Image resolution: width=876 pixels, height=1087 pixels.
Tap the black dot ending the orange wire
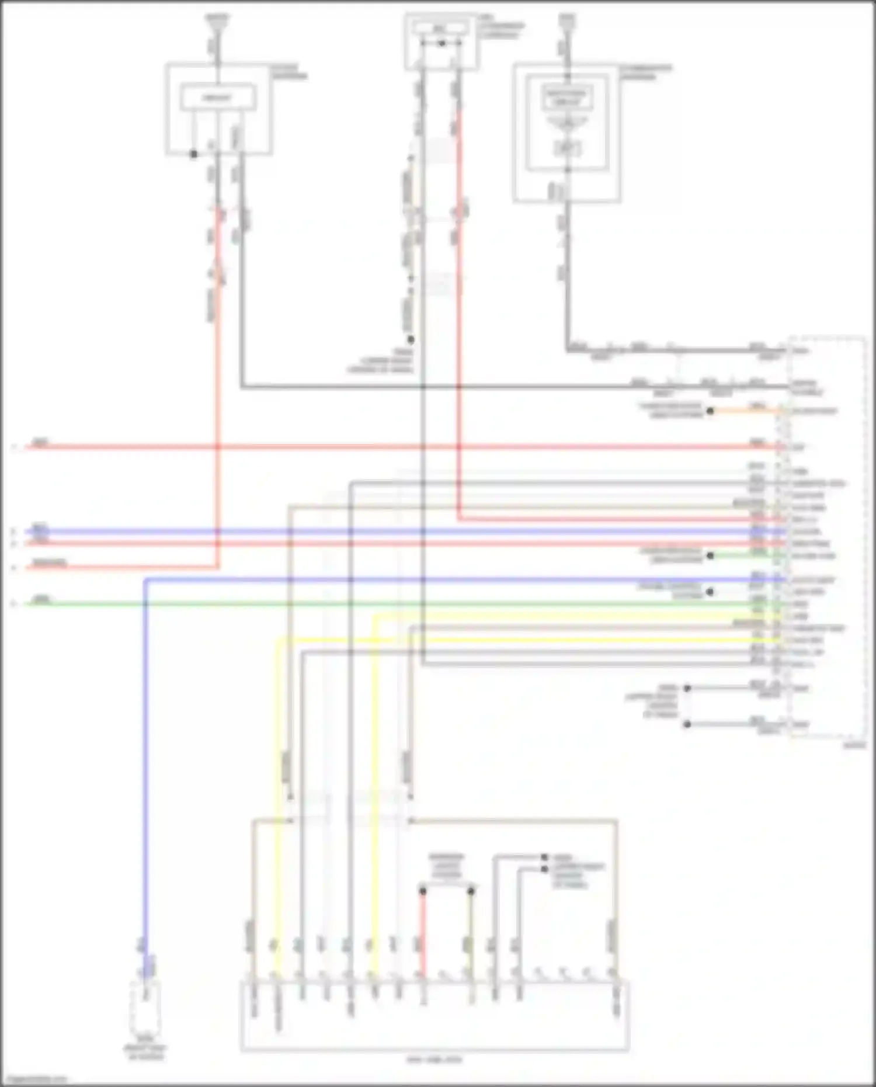point(710,411)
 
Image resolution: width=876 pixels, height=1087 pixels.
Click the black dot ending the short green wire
point(710,555)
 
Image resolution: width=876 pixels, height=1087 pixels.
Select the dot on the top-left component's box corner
point(194,154)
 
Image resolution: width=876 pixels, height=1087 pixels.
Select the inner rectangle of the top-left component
point(218,98)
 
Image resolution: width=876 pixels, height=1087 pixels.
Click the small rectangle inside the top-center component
point(442,28)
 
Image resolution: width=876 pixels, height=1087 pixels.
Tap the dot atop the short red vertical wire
point(423,891)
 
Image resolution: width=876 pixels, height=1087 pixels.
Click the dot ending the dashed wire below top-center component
point(411,339)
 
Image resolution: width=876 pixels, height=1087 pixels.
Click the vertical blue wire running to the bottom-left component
point(145,759)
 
